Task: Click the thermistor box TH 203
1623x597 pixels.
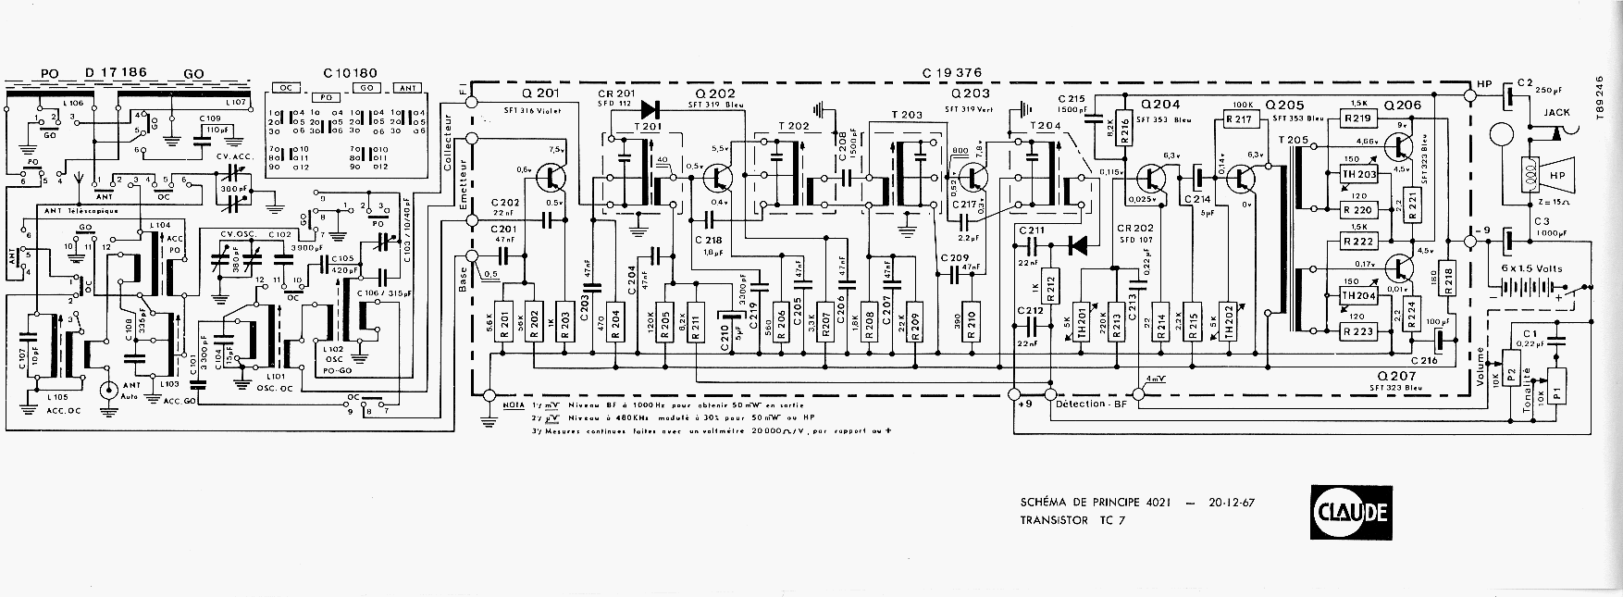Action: click(x=1358, y=175)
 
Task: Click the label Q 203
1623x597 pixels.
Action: click(x=970, y=93)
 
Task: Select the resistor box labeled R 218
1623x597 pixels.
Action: click(x=1449, y=278)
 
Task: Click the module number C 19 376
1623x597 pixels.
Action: click(x=952, y=73)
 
